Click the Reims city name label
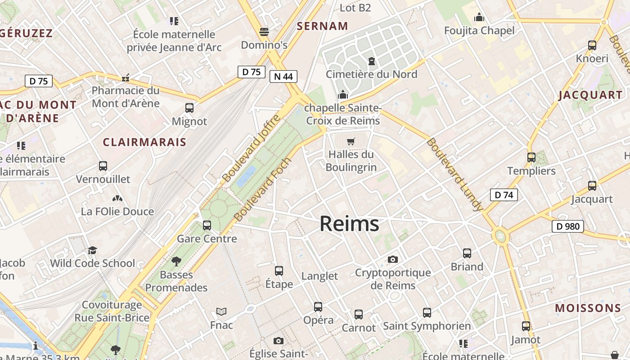[x=349, y=224]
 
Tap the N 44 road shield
[x=283, y=76]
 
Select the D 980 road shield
[x=567, y=226]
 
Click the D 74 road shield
[x=504, y=195]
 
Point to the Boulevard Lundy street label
[x=454, y=175]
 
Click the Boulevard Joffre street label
[x=252, y=148]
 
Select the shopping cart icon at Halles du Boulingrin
[x=351, y=142]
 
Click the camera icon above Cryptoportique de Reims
[x=393, y=260]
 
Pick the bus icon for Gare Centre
[x=207, y=225]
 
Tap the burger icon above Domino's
[x=264, y=32]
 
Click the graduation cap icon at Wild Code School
[x=92, y=250]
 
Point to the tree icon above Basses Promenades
[x=176, y=261]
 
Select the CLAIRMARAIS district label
[x=144, y=142]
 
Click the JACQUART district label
[x=590, y=95]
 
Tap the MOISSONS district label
[x=588, y=308]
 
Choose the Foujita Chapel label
[x=479, y=31]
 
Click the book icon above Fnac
[x=221, y=311]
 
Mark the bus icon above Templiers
[x=531, y=157]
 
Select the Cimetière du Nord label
[x=372, y=74]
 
